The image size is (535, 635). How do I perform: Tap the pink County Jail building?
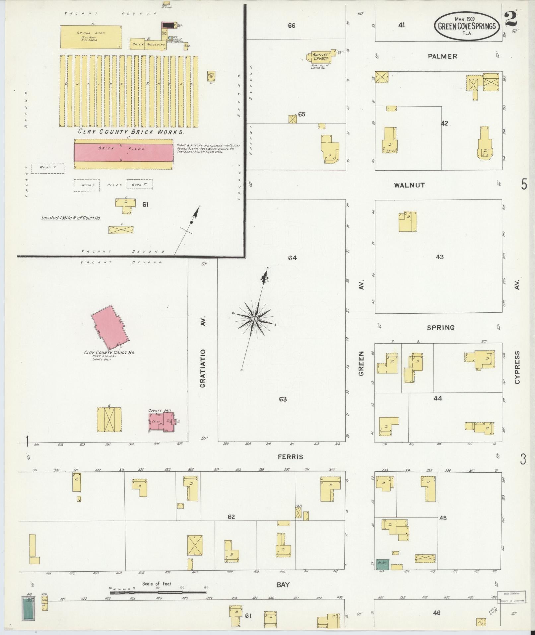[161, 422]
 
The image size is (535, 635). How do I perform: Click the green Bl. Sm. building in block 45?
[382, 564]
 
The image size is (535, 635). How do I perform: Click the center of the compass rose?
[254, 319]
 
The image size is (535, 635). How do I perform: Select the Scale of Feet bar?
[158, 592]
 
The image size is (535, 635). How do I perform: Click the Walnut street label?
[409, 185]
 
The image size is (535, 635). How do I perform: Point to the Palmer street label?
[442, 56]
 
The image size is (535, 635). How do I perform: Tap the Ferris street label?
[291, 457]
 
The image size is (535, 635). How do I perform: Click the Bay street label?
[283, 585]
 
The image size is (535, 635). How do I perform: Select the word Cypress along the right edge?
[517, 367]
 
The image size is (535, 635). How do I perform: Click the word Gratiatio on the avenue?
[203, 368]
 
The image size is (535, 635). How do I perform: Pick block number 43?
[439, 257]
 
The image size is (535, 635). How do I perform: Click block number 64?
[292, 258]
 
